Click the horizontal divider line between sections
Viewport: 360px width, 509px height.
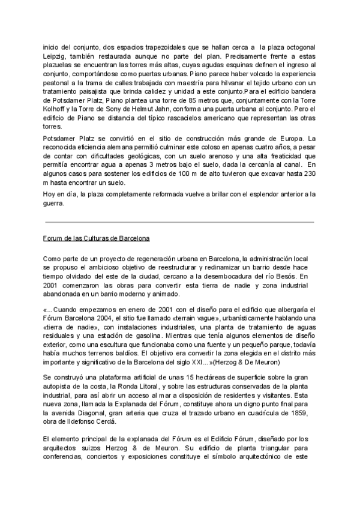(x=179, y=222)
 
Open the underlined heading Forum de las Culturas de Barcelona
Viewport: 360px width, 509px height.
(x=96, y=238)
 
